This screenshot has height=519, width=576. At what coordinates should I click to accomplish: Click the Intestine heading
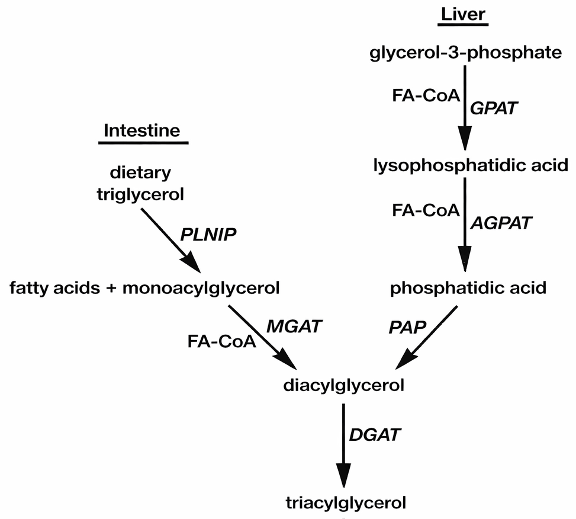(141, 130)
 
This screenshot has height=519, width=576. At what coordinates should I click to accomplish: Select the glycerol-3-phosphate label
(465, 53)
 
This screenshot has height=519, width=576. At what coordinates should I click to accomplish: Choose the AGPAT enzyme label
(501, 223)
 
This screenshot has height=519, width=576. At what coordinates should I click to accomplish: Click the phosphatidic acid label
(468, 289)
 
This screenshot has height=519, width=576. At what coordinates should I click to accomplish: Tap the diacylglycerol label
(343, 386)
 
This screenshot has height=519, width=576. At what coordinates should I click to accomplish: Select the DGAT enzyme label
(375, 435)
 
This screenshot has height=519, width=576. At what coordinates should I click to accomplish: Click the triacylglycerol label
(346, 504)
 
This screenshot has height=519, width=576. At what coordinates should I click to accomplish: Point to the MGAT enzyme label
(288, 326)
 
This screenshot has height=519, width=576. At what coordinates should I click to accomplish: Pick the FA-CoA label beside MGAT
(221, 341)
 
